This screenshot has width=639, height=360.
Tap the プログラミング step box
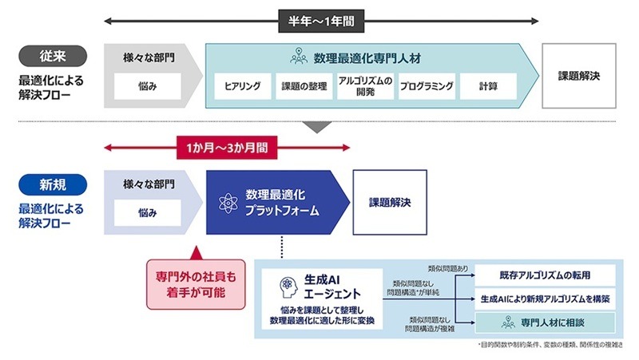(x=427, y=86)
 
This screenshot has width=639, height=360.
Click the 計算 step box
(x=488, y=86)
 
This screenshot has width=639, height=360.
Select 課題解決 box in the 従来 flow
(x=579, y=76)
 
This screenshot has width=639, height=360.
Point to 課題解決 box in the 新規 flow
(x=390, y=202)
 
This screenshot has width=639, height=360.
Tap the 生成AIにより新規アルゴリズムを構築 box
(x=546, y=299)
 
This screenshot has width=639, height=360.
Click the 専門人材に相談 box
(x=546, y=322)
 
